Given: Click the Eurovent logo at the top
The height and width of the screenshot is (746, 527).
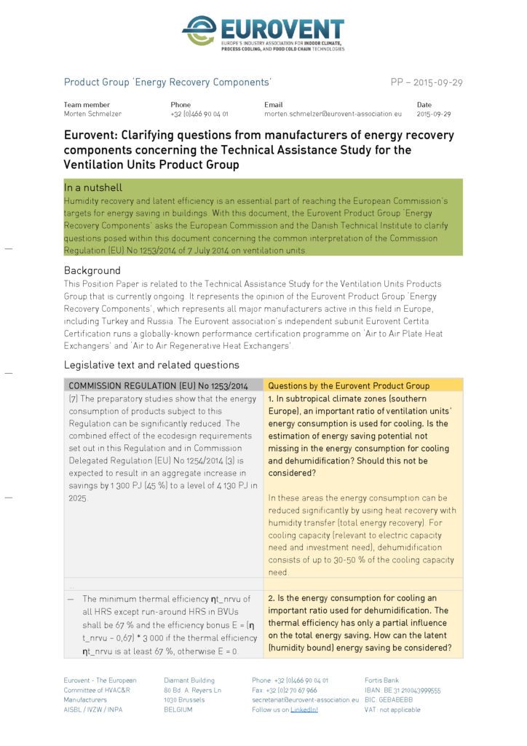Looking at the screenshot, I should pyautogui.click(x=263, y=33).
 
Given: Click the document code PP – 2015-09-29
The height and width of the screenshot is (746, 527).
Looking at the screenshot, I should pyautogui.click(x=426, y=82).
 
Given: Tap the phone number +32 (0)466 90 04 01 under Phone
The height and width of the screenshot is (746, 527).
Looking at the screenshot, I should pyautogui.click(x=199, y=114).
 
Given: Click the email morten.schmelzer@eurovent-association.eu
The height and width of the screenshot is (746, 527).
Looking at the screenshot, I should pyautogui.click(x=332, y=114).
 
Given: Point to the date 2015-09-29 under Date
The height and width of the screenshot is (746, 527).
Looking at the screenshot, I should pyautogui.click(x=434, y=114).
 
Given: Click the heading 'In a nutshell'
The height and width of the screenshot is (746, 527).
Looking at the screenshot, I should pyautogui.click(x=92, y=187).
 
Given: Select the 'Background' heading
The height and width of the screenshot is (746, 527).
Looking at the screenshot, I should pyautogui.click(x=92, y=270).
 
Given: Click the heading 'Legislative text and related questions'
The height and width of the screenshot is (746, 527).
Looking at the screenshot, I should pyautogui.click(x=151, y=365).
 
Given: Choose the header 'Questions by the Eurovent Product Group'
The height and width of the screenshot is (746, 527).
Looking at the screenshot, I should pyautogui.click(x=349, y=385).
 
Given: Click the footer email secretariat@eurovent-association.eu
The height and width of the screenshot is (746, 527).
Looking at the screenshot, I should pyautogui.click(x=305, y=700).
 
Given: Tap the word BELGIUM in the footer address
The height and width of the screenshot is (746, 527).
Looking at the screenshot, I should pyautogui.click(x=178, y=710).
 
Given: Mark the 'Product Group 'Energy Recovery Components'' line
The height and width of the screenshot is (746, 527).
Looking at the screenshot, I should pyautogui.click(x=167, y=82).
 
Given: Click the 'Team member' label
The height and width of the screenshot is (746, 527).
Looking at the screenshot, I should pyautogui.click(x=87, y=105).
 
